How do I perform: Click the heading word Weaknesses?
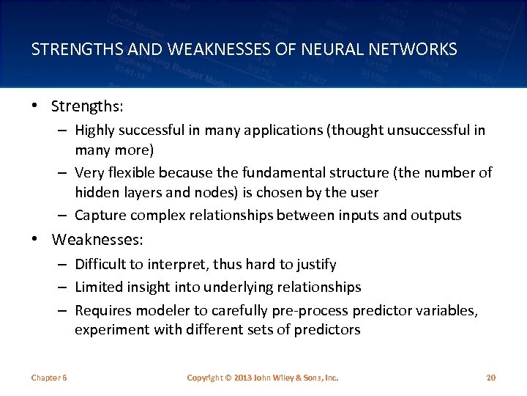(x=98, y=240)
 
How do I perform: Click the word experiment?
(x=113, y=329)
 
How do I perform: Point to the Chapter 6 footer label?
(x=49, y=378)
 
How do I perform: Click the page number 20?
(x=490, y=378)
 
